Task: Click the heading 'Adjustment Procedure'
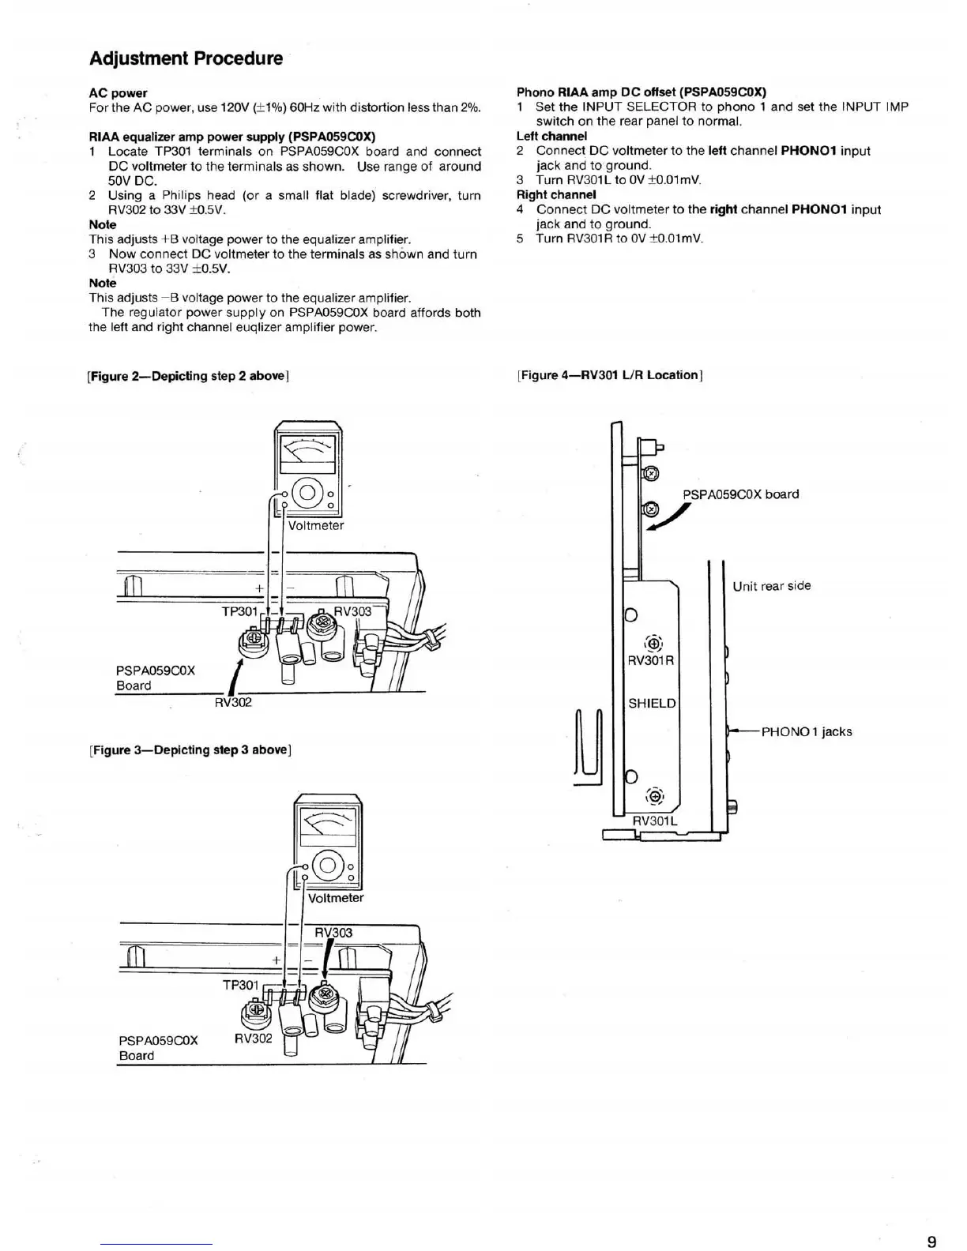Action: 186,58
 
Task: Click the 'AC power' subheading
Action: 118,93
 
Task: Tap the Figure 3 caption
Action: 190,749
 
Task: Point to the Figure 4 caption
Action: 610,375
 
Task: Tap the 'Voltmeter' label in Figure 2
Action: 316,525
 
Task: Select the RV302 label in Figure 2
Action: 233,702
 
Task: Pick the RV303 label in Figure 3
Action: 333,933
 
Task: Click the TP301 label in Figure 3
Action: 241,985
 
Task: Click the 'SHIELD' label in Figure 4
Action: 652,703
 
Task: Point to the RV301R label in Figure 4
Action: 650,660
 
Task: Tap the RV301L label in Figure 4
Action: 655,821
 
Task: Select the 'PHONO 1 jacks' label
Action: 807,731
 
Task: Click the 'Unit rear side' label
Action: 771,586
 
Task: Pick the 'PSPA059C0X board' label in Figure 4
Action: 740,494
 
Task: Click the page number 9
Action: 932,1242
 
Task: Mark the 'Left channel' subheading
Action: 551,136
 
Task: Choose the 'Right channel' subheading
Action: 556,194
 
